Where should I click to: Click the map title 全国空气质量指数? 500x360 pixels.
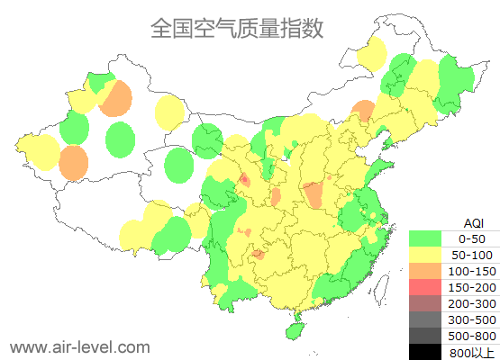[236, 28]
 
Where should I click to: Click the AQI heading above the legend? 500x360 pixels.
[473, 222]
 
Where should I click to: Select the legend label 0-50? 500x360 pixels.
[472, 239]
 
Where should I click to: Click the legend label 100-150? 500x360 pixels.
[472, 271]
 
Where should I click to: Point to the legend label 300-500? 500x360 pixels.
[472, 319]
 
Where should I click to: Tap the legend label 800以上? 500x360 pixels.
[472, 352]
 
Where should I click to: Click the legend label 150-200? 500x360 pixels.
[472, 287]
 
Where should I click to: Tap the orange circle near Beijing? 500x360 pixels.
[362, 110]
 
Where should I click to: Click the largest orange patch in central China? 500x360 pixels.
[313, 193]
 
